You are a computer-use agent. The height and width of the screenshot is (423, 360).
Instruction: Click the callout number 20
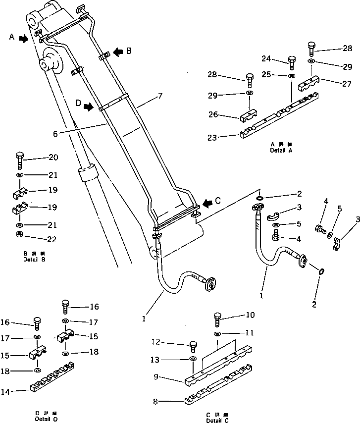(53, 158)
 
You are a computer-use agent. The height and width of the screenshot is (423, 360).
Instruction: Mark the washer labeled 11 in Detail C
(217, 335)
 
